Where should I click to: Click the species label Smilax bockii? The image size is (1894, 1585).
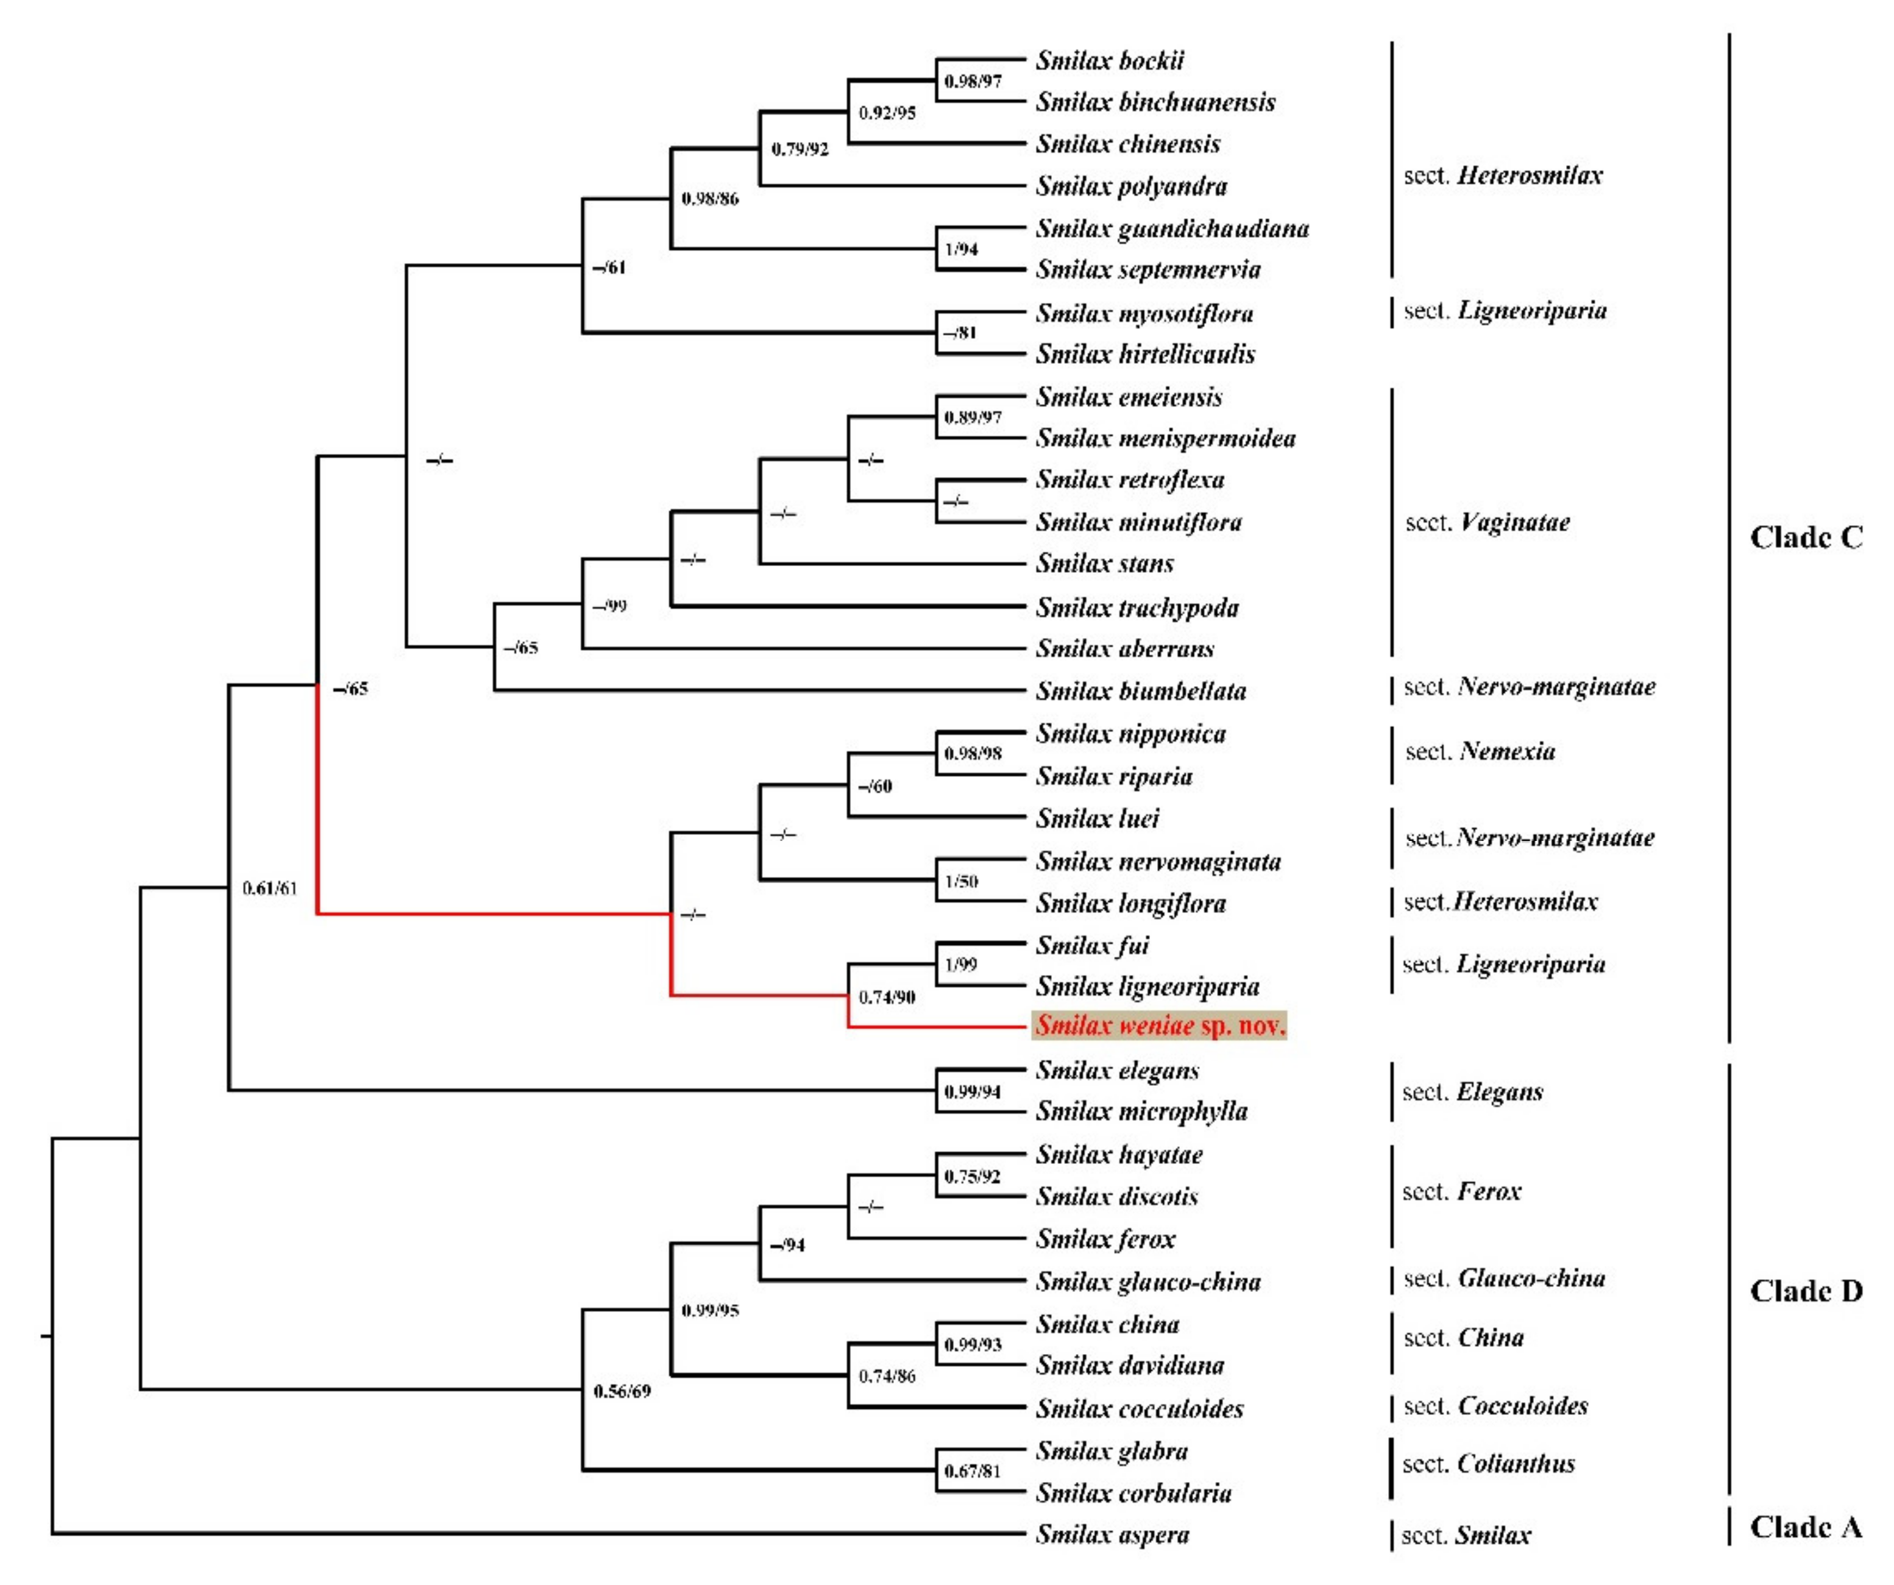coord(1108,60)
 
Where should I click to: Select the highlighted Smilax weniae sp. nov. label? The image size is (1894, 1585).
coord(1159,1026)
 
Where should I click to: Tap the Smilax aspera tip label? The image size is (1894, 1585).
coord(1112,1534)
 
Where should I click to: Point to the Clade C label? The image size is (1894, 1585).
coord(1806,537)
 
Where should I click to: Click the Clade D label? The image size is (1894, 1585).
coord(1806,1291)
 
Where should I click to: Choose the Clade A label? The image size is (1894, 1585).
coord(1806,1527)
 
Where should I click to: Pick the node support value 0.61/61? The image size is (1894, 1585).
coord(270,888)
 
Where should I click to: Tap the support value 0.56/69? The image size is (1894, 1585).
coord(622,1391)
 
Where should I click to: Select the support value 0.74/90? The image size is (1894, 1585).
coord(887,997)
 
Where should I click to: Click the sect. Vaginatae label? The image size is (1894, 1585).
coord(1488,522)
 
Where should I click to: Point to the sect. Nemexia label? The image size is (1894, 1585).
coord(1480,751)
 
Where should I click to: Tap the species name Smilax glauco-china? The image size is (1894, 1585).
coord(1147,1282)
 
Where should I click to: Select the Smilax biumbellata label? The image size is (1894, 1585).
coord(1140,691)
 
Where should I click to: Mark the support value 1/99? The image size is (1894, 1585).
coord(960,965)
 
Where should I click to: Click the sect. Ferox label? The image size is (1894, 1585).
coord(1461,1192)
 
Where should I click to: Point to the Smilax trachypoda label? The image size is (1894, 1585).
coord(1137,608)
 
